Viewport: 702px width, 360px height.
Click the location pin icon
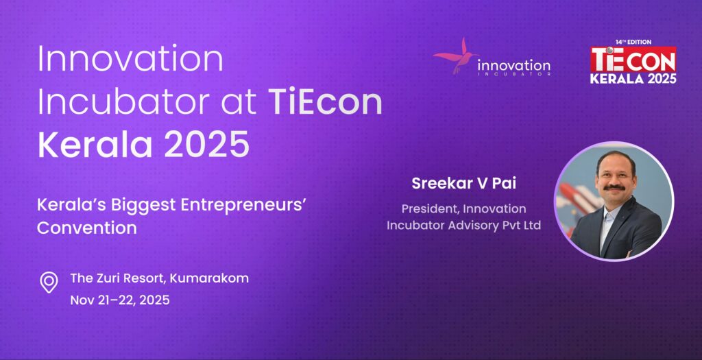49,283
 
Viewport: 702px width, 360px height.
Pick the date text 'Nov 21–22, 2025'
120,300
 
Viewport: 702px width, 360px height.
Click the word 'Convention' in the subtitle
87,228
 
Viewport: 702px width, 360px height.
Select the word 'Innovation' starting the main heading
130,59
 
